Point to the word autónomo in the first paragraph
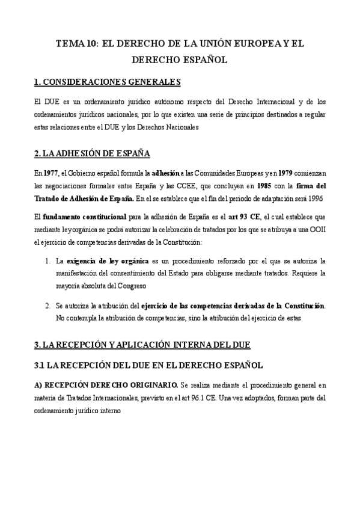click(x=154, y=100)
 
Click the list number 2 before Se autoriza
click(x=47, y=305)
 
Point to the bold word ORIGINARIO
click(x=150, y=384)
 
